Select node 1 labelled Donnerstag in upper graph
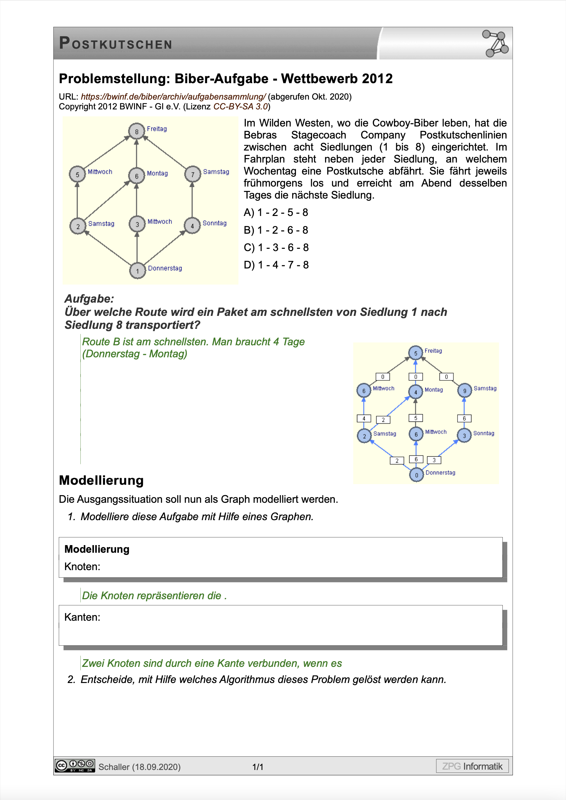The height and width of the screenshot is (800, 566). point(138,271)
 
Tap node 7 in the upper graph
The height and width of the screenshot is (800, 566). point(192,174)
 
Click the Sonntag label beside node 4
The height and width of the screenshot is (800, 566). point(214,223)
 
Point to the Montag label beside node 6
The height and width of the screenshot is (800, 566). point(157,173)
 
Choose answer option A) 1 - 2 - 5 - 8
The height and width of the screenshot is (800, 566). point(276,212)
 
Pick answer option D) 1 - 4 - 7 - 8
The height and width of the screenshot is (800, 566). point(276,265)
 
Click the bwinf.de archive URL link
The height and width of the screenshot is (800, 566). point(173,96)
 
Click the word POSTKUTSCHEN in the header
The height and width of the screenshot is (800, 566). point(116,44)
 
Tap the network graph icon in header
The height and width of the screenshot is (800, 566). point(495,44)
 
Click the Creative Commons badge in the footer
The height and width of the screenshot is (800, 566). point(75,766)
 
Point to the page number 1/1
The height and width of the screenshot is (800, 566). point(258,766)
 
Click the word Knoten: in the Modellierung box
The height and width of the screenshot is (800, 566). point(82,567)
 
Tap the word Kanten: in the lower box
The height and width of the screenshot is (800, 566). point(82,617)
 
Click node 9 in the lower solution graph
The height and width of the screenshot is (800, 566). point(464,391)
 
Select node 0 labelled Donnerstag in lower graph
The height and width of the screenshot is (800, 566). point(416,475)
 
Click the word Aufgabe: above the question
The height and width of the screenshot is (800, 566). point(89,298)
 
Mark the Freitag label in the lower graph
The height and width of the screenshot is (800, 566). point(433,351)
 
